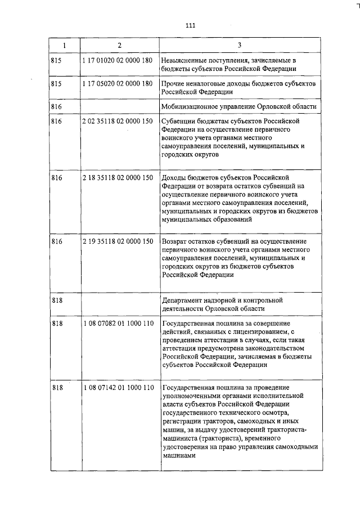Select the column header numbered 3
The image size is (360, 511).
[x=239, y=45]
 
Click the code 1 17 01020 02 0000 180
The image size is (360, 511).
[x=118, y=60]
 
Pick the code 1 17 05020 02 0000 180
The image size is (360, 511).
[x=118, y=83]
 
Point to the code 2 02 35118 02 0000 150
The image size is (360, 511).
[x=118, y=121]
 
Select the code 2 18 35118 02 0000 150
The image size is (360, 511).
[x=118, y=178]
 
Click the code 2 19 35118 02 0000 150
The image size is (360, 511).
[x=118, y=241]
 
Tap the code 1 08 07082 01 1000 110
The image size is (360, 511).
[x=118, y=325]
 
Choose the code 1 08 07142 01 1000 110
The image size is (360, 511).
[x=118, y=388]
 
